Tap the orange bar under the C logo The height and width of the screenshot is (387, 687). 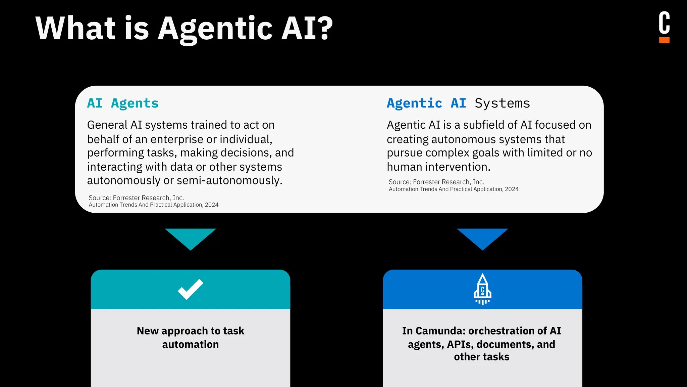pyautogui.click(x=664, y=40)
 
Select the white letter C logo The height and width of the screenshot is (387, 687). pyautogui.click(x=664, y=23)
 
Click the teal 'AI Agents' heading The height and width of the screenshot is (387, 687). pyautogui.click(x=123, y=103)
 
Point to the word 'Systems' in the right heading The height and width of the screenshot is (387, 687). pyautogui.click(x=502, y=103)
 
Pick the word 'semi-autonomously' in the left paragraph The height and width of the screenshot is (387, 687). pyautogui.click(x=229, y=180)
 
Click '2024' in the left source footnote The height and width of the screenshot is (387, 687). pyautogui.click(x=212, y=205)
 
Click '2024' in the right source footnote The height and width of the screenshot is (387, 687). pyautogui.click(x=512, y=189)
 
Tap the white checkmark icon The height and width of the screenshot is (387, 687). pyautogui.click(x=191, y=289)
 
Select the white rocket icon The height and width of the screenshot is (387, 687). pyautogui.click(x=482, y=289)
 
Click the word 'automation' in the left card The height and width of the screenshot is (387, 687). pyautogui.click(x=191, y=344)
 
